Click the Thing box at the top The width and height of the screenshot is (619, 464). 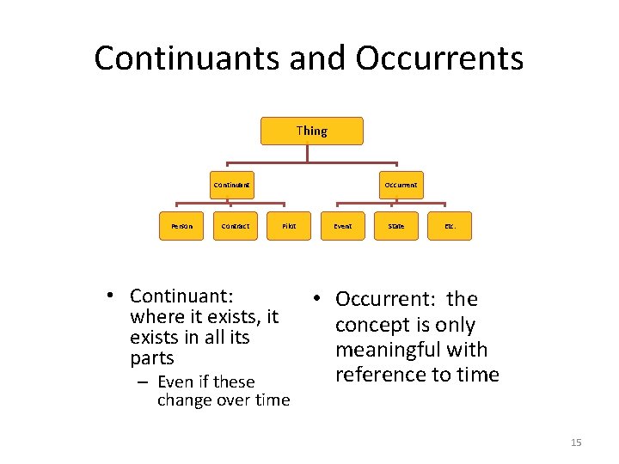(x=311, y=131)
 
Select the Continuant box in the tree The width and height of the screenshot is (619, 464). (x=231, y=185)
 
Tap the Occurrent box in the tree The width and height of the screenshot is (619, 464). (x=401, y=185)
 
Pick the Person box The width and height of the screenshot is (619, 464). (x=181, y=227)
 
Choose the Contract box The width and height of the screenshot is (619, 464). (x=235, y=227)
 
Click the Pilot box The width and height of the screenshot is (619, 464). (x=289, y=227)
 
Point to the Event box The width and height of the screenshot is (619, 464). (x=342, y=227)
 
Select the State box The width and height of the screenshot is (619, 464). (x=395, y=227)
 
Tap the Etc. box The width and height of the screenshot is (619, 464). (x=450, y=227)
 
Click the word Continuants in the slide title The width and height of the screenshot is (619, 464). (x=188, y=58)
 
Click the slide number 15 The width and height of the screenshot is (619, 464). (x=576, y=443)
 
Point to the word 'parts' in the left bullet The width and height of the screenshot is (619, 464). (x=151, y=358)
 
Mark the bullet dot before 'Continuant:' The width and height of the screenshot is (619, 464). (x=112, y=296)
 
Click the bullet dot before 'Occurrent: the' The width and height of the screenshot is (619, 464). (x=317, y=298)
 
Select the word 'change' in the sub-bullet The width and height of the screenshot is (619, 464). (x=186, y=400)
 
